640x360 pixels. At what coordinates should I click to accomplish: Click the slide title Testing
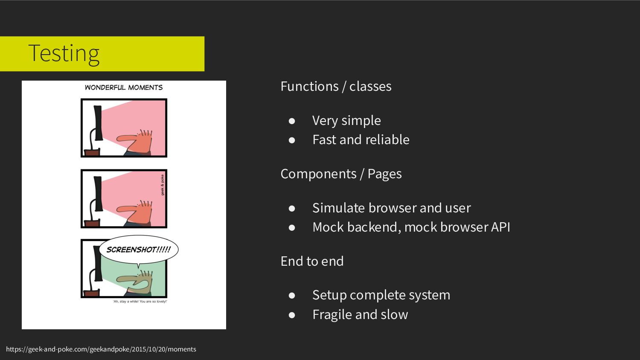pyautogui.click(x=64, y=54)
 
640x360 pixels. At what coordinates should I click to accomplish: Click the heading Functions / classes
pyautogui.click(x=336, y=87)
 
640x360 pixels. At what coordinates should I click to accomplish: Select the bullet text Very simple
pyautogui.click(x=346, y=121)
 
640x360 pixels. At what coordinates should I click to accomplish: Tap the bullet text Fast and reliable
pyautogui.click(x=361, y=140)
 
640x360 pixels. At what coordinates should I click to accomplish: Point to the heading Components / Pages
pyautogui.click(x=341, y=174)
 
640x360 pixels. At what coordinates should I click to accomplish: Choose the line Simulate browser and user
pyautogui.click(x=391, y=208)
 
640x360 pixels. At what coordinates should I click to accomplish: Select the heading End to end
pyautogui.click(x=312, y=261)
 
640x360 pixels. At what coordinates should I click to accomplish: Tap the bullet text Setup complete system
pyautogui.click(x=381, y=295)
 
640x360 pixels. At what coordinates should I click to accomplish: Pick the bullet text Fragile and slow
pyautogui.click(x=360, y=315)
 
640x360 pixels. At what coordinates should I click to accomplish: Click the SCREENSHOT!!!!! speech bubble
pyautogui.click(x=138, y=250)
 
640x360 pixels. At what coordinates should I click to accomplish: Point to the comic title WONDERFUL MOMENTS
pyautogui.click(x=124, y=87)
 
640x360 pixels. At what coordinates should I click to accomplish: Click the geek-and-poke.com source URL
pyautogui.click(x=101, y=349)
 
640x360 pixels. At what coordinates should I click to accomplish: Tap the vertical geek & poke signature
pyautogui.click(x=163, y=185)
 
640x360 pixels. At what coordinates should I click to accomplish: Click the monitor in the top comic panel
pyautogui.click(x=98, y=123)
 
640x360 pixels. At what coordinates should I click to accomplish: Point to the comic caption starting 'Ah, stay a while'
pyautogui.click(x=140, y=302)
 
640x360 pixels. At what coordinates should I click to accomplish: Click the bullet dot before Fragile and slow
pyautogui.click(x=292, y=315)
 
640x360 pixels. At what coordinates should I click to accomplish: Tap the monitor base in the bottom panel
pyautogui.click(x=92, y=293)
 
